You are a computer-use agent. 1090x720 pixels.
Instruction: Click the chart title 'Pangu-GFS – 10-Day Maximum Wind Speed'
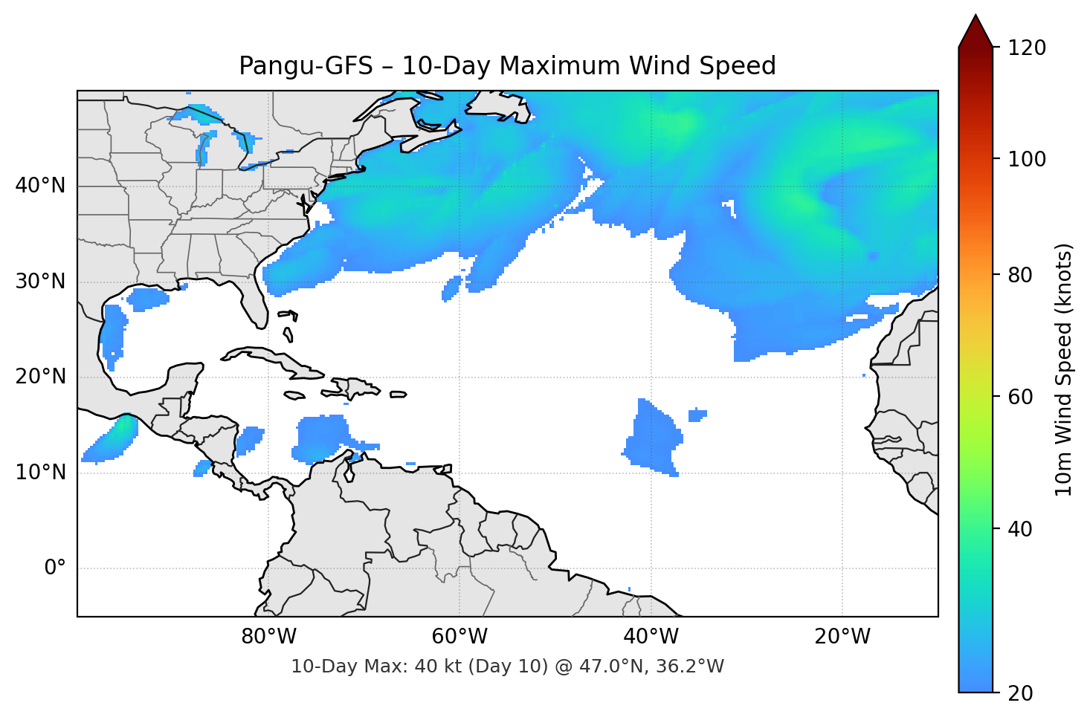click(507, 66)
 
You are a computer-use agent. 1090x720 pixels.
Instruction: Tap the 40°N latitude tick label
click(40, 186)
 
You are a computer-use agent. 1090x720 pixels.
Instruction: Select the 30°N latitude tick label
click(40, 282)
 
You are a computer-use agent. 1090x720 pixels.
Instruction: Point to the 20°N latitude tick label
click(40, 377)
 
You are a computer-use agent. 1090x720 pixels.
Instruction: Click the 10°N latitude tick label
click(40, 473)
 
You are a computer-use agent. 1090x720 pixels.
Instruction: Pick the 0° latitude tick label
click(55, 568)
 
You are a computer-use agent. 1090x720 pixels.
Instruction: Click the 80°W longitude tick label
click(268, 637)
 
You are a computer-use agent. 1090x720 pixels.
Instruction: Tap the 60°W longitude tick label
click(459, 637)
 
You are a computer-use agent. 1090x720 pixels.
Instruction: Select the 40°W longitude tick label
click(651, 637)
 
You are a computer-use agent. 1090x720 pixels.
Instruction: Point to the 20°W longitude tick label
click(842, 637)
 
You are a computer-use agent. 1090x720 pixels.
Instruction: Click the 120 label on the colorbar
click(1027, 48)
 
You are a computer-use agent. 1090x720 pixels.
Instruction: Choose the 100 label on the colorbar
click(1027, 159)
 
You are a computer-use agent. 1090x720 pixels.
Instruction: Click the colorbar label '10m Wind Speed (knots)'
click(1064, 369)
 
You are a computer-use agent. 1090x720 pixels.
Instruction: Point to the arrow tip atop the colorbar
click(975, 16)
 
